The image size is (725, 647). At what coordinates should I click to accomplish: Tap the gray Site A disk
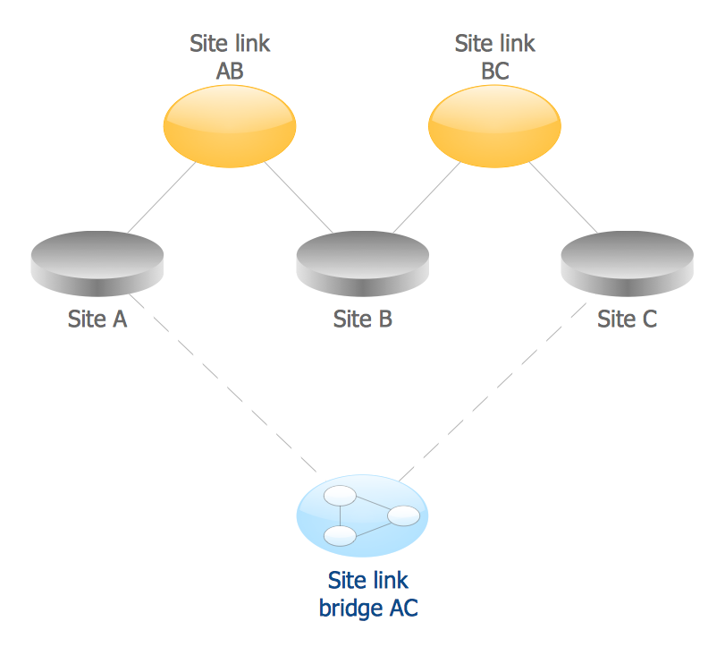click(x=97, y=263)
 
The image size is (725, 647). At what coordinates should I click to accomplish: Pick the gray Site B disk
click(x=362, y=263)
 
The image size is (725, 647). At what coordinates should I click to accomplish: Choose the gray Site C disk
click(x=627, y=263)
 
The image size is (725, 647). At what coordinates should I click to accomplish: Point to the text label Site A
click(x=97, y=319)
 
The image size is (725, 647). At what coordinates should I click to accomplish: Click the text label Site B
click(x=362, y=319)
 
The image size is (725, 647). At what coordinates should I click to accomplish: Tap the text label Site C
click(x=627, y=319)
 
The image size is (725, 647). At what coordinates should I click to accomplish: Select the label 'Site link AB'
click(x=229, y=56)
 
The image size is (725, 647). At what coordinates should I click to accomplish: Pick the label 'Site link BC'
click(x=494, y=56)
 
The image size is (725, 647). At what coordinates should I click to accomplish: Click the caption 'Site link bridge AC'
click(x=367, y=595)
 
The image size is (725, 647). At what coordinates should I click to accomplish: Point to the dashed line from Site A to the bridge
click(x=223, y=385)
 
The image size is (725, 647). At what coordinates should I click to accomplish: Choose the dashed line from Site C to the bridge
click(x=492, y=385)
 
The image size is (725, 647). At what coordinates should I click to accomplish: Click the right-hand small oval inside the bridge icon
click(x=403, y=515)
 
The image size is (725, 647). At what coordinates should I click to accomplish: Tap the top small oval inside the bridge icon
click(x=341, y=496)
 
